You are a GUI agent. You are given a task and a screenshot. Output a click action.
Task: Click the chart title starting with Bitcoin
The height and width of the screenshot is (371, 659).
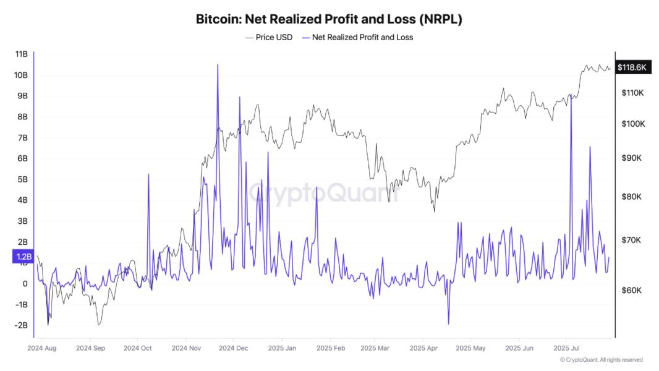click(x=329, y=19)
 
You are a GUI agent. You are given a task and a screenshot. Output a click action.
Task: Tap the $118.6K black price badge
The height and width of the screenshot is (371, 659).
click(x=631, y=67)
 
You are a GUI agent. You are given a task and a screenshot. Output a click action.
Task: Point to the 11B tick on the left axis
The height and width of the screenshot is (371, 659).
click(x=21, y=54)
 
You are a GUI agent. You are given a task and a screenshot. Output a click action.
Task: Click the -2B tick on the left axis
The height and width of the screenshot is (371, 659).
click(x=21, y=325)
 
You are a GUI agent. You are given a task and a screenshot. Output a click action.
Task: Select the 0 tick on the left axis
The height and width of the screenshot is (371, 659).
click(x=25, y=284)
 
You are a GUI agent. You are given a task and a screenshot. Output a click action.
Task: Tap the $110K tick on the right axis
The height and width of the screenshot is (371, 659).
click(x=633, y=93)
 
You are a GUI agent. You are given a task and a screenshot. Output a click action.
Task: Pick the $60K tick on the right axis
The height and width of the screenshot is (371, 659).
click(x=633, y=290)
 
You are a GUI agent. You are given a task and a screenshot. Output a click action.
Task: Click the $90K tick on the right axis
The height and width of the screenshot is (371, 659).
click(x=633, y=158)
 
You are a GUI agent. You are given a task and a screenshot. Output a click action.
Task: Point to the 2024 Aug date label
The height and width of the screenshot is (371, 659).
click(x=42, y=348)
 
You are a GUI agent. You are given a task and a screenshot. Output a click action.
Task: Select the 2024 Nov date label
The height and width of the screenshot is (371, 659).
click(x=185, y=348)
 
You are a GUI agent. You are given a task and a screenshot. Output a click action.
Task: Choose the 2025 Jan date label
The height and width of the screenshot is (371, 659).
click(x=281, y=348)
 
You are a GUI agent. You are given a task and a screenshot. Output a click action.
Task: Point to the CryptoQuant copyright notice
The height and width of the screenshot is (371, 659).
click(x=601, y=360)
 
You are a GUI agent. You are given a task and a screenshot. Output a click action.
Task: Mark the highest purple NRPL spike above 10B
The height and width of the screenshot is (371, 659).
click(x=218, y=65)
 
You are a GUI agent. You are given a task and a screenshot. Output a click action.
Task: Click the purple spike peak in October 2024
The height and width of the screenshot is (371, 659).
click(x=148, y=174)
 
